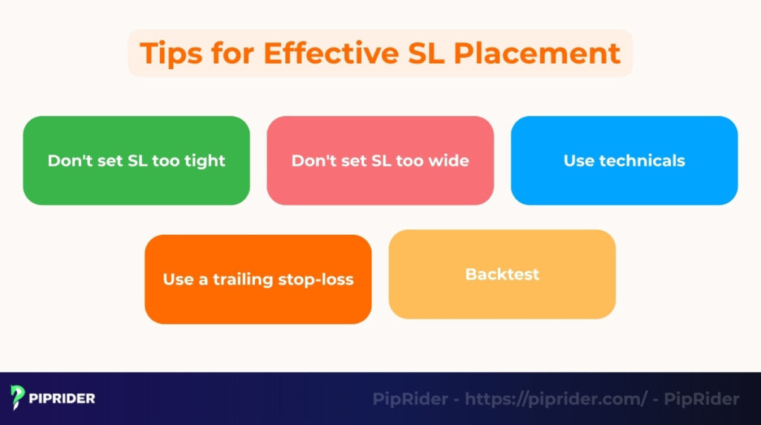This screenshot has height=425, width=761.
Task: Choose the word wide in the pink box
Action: (x=450, y=160)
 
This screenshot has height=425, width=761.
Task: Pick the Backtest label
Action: (x=502, y=274)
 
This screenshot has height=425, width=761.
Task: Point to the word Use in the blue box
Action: (x=578, y=160)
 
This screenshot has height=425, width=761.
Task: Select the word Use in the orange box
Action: (x=178, y=280)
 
